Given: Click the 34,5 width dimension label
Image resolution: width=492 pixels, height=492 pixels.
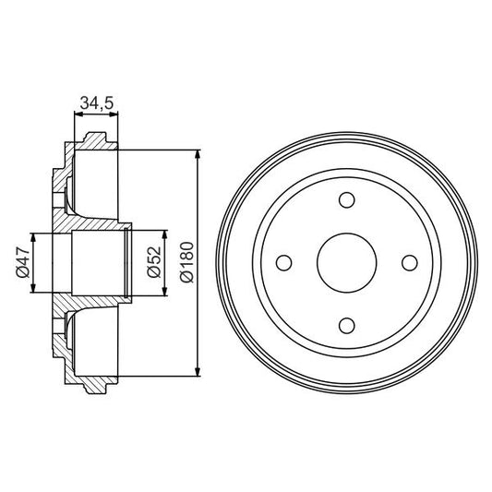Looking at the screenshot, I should (x=96, y=103).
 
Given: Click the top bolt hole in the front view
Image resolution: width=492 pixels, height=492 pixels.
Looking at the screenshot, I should (x=347, y=200).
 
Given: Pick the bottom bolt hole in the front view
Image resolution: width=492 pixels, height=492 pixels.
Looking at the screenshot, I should (x=347, y=324).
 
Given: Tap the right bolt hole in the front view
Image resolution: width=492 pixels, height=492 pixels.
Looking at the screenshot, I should (x=409, y=262).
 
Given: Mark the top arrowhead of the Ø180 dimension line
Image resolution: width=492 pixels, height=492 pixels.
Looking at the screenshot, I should (x=198, y=154).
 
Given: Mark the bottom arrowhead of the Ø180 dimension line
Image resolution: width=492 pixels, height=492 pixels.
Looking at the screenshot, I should (x=198, y=371).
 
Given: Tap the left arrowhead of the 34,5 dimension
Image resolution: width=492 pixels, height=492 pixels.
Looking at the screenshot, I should (x=76, y=115).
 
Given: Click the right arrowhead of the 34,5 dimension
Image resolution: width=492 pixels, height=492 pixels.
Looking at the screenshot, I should (x=116, y=115).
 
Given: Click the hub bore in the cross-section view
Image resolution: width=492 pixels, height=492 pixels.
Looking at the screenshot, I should (x=97, y=262).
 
